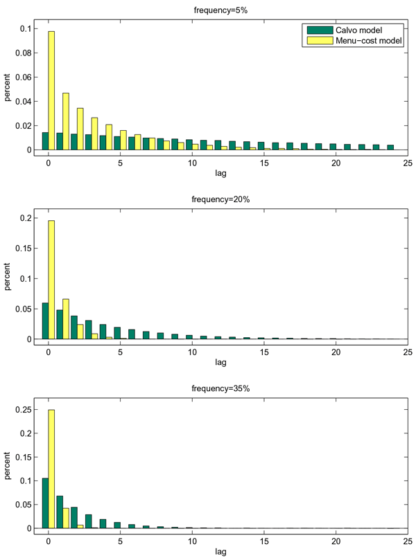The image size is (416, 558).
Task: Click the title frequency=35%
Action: pyautogui.click(x=220, y=388)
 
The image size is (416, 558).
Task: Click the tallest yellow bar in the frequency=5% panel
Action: pyautogui.click(x=51, y=90)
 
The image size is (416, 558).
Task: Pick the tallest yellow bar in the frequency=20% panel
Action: pyautogui.click(x=51, y=280)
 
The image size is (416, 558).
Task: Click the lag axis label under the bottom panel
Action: pyautogui.click(x=220, y=552)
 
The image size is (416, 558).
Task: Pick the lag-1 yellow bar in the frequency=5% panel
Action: pyautogui.click(x=66, y=121)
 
